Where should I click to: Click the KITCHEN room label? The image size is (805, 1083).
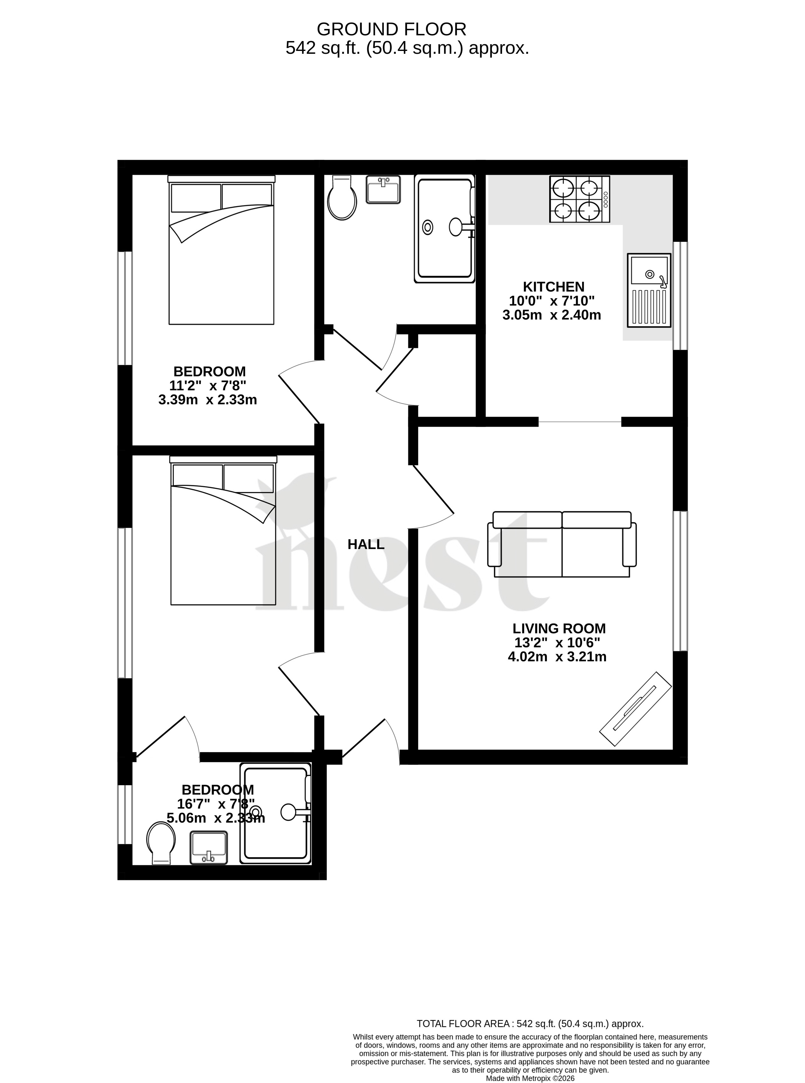[554, 287]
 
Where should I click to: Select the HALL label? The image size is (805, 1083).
[366, 544]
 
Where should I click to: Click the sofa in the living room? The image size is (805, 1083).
[562, 544]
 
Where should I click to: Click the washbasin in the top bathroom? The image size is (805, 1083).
[383, 190]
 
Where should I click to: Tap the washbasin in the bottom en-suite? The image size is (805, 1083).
[209, 848]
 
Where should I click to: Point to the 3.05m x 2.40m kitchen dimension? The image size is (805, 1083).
[552, 315]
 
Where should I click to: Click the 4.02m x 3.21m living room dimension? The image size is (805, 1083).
[557, 657]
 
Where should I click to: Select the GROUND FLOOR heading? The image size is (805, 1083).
[391, 30]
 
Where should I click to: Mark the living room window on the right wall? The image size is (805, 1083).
[680, 581]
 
